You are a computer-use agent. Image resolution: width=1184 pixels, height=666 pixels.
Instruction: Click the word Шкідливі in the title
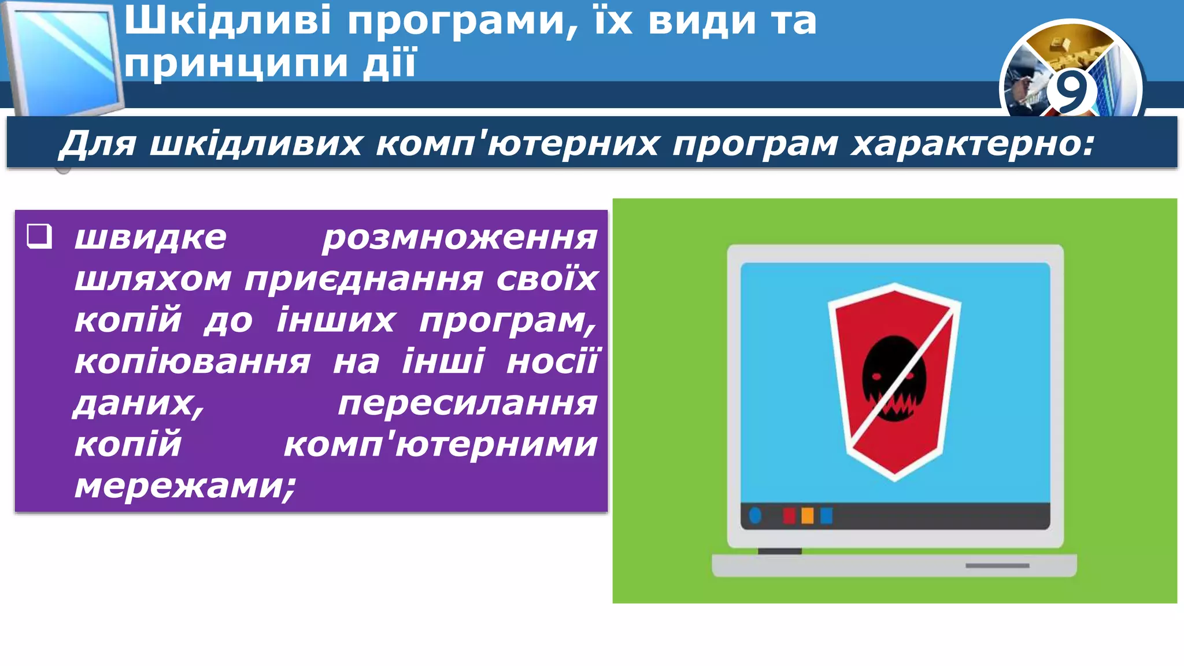(228, 21)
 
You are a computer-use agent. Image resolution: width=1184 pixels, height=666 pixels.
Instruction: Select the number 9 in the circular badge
(1071, 91)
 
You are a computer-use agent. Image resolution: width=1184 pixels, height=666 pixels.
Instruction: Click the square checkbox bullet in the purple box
(40, 236)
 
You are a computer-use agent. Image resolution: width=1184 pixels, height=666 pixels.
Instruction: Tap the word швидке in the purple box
(150, 237)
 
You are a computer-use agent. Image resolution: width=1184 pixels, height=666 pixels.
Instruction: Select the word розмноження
(460, 238)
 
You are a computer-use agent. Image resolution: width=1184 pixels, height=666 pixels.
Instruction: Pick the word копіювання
(193, 362)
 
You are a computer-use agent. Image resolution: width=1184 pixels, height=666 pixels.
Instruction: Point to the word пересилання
(467, 403)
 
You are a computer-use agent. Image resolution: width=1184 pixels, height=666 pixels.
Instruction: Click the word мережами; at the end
(185, 486)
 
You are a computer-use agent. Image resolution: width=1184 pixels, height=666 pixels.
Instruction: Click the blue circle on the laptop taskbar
(755, 515)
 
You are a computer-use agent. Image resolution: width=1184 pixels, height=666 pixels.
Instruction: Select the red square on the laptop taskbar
(789, 515)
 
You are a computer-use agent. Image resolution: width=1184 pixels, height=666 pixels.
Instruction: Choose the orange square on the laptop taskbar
(808, 515)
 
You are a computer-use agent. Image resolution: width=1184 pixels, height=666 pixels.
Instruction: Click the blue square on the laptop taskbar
(827, 515)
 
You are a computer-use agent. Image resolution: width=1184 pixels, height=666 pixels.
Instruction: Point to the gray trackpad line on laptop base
(997, 565)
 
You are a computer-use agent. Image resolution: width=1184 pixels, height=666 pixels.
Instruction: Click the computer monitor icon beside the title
(64, 58)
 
